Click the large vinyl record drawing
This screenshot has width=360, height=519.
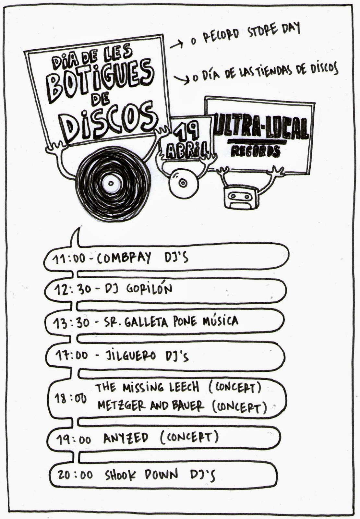[x=112, y=184]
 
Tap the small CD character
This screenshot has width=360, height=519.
[x=183, y=183]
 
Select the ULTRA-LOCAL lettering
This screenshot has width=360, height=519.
[x=261, y=128]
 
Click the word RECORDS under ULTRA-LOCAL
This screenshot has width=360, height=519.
[x=256, y=151]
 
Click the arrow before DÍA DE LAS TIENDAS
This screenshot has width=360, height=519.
[x=182, y=79]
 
